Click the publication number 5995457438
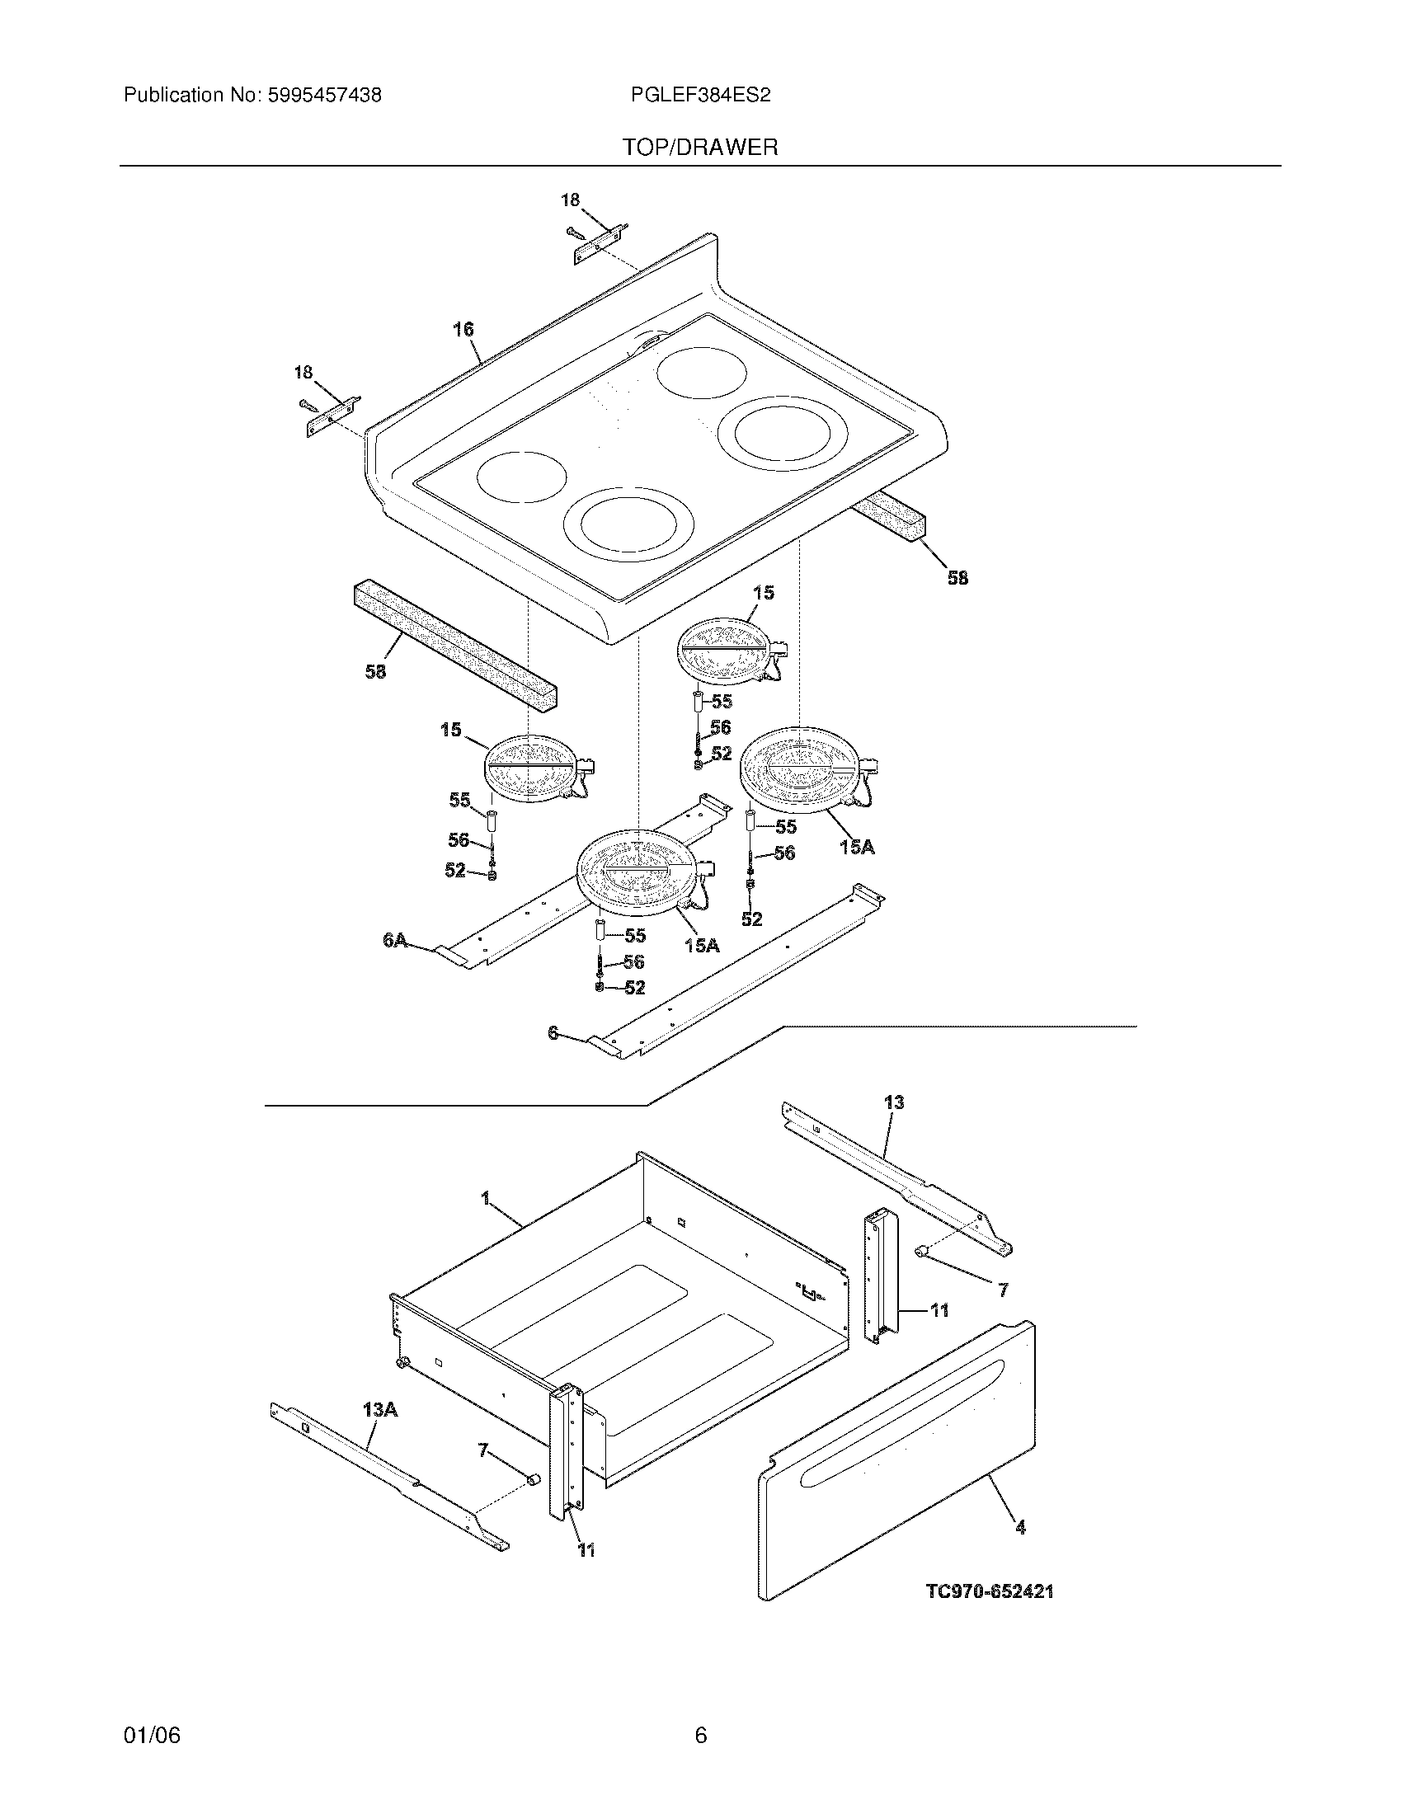pos(324,96)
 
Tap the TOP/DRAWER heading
pos(700,148)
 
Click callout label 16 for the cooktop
pos(463,330)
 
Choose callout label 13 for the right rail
pos(894,1102)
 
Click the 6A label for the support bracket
pos(395,939)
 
